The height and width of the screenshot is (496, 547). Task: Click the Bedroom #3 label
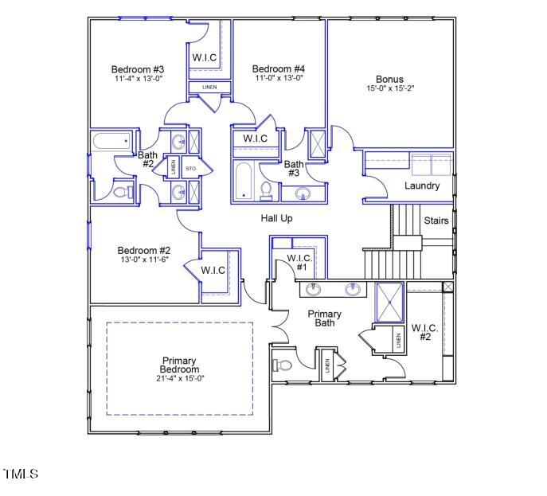pyautogui.click(x=137, y=69)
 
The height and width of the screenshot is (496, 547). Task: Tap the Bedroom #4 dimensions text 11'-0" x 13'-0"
pyautogui.click(x=279, y=78)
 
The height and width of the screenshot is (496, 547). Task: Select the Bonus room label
pyautogui.click(x=390, y=79)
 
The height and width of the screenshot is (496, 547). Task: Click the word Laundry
pyautogui.click(x=422, y=186)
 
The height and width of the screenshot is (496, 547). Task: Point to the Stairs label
pyautogui.click(x=436, y=221)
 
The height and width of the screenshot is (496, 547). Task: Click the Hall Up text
pyautogui.click(x=276, y=217)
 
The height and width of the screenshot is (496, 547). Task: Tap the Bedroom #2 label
pyautogui.click(x=144, y=250)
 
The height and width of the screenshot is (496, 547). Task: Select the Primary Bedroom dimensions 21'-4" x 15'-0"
pyautogui.click(x=179, y=378)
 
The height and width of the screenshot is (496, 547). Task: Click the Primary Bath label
pyautogui.click(x=325, y=318)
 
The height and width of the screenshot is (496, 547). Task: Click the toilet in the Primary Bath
pyautogui.click(x=284, y=365)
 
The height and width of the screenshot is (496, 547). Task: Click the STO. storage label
pyautogui.click(x=191, y=168)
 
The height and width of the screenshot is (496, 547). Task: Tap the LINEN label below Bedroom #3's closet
pyautogui.click(x=209, y=87)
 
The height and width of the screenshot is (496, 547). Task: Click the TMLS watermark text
pyautogui.click(x=21, y=475)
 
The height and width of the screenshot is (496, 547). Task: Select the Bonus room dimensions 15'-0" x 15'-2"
pyautogui.click(x=390, y=88)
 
